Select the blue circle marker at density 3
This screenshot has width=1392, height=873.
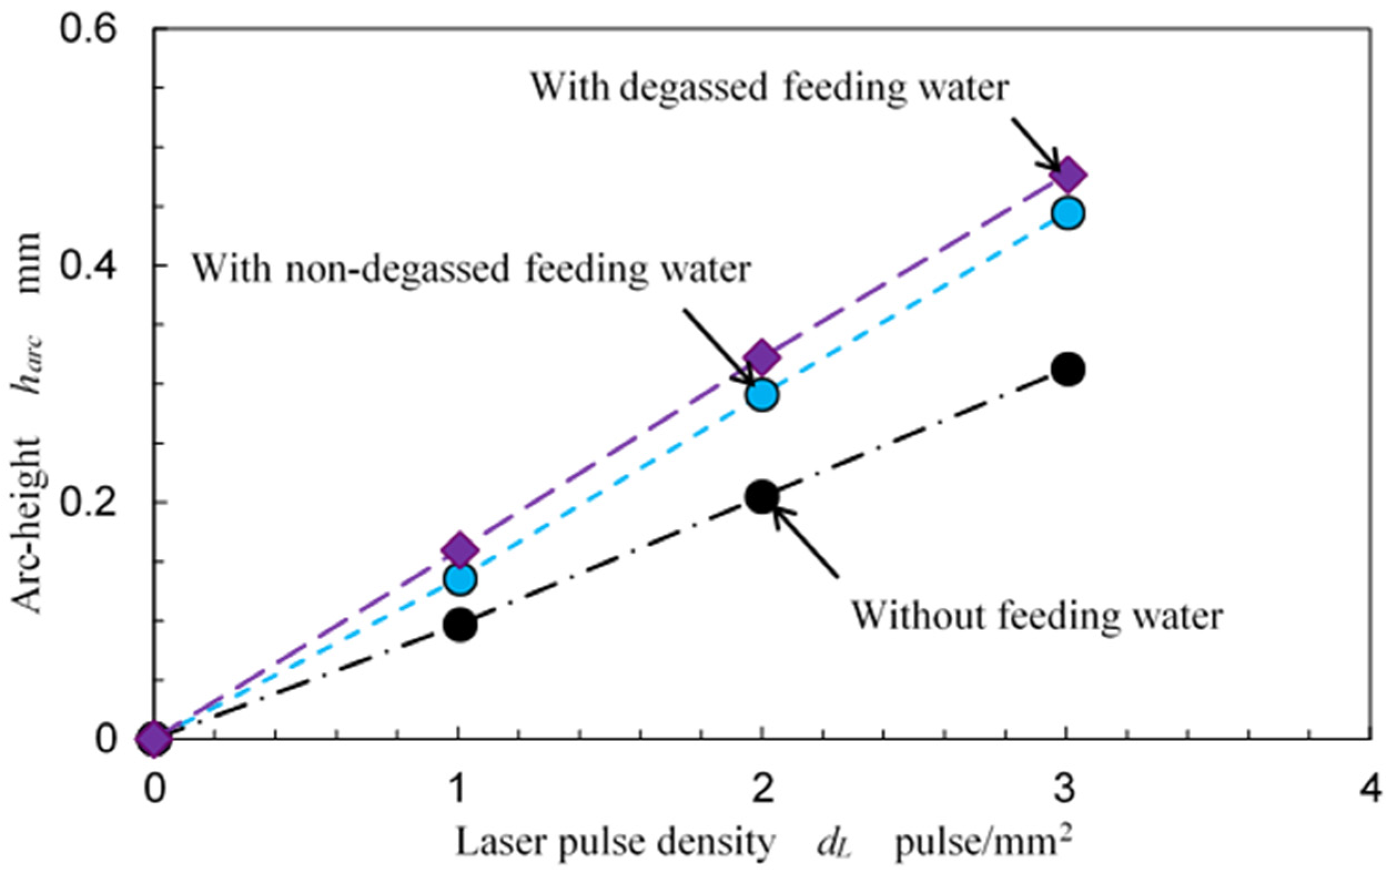pos(1068,213)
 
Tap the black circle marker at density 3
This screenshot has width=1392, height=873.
pos(1068,369)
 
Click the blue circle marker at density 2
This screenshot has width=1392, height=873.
pos(763,396)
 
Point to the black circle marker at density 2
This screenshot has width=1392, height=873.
pos(762,497)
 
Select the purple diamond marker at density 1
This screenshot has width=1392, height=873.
pos(459,550)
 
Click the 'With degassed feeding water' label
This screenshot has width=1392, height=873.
pos(770,88)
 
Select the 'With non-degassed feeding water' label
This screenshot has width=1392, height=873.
pos(471,269)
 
